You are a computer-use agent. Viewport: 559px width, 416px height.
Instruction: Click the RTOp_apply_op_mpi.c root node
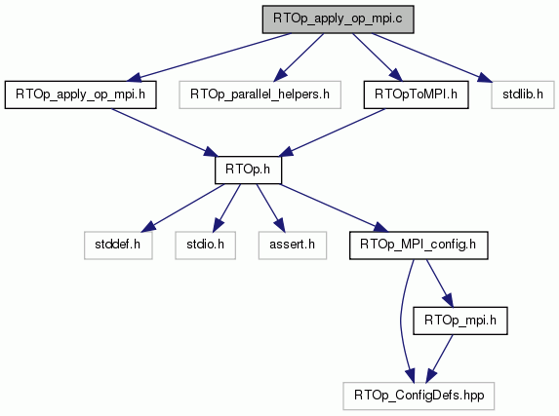[x=338, y=19]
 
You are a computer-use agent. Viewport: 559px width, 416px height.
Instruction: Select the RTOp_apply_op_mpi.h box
[x=81, y=95]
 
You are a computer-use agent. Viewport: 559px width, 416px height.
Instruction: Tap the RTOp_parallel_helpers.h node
[x=260, y=95]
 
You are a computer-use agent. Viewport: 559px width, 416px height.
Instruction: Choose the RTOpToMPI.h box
[x=416, y=95]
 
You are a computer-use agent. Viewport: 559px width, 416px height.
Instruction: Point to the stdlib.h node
[x=523, y=95]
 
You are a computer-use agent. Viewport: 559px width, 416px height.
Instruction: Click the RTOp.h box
[x=248, y=170]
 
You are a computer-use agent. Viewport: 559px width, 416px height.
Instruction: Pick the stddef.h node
[x=118, y=246]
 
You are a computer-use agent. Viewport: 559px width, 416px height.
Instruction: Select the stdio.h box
[x=205, y=246]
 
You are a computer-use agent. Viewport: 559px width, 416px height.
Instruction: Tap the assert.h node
[x=293, y=246]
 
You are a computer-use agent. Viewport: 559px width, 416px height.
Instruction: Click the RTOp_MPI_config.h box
[x=419, y=246]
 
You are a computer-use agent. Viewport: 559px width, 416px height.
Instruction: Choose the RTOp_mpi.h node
[x=460, y=321]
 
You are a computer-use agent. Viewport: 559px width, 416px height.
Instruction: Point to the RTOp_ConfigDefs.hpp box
[x=419, y=397]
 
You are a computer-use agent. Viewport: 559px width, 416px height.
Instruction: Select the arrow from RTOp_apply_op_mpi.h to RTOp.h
[x=165, y=132]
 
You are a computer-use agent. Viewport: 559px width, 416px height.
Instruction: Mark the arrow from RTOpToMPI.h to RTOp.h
[x=332, y=132]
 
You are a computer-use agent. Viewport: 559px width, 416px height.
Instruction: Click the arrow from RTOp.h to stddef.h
[x=183, y=208]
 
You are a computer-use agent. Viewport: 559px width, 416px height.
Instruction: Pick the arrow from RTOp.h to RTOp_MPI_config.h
[x=334, y=208]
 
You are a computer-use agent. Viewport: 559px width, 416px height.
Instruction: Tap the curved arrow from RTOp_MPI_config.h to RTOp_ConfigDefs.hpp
[x=401, y=321]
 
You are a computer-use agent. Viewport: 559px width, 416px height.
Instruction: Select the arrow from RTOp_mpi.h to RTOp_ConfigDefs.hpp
[x=440, y=359]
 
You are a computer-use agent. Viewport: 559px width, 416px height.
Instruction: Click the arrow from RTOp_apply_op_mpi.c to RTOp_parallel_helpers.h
[x=299, y=57]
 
